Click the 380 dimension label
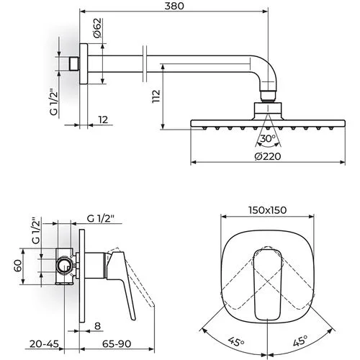[x=174, y=6]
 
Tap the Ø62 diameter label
[x=98, y=28]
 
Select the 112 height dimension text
[x=156, y=96]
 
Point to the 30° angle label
[x=268, y=138]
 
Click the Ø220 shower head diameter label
[x=268, y=156]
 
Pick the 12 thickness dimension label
[x=103, y=120]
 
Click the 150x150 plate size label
[x=268, y=210]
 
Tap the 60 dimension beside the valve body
[x=18, y=266]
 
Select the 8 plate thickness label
[x=97, y=326]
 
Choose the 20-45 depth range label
[x=44, y=344]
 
